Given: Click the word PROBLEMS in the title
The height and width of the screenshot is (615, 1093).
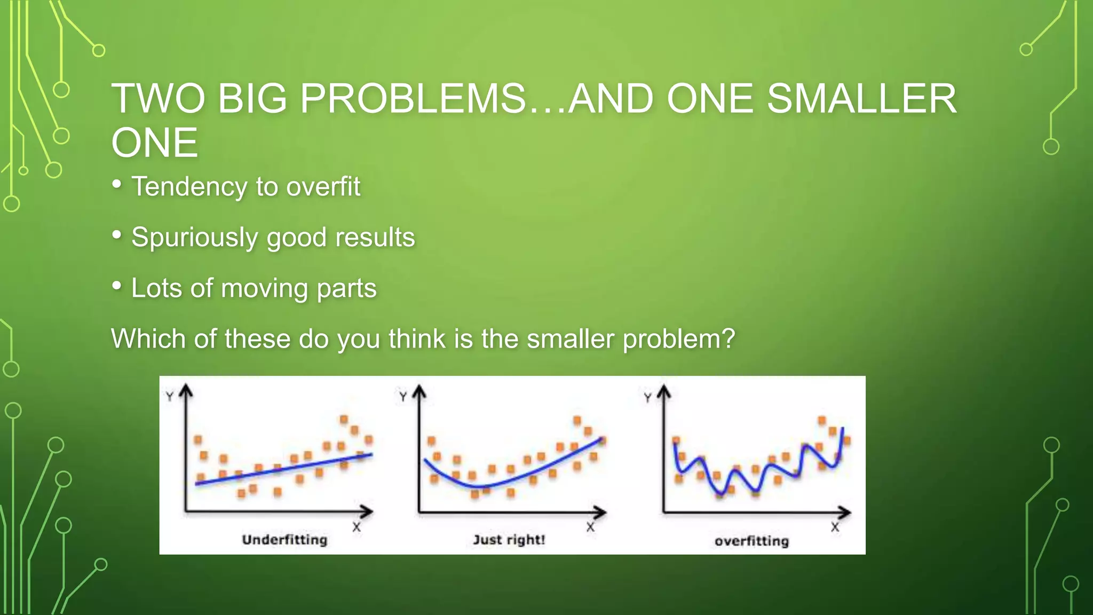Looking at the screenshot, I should click(x=412, y=99).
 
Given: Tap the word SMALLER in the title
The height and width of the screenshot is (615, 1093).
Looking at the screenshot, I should click(x=861, y=99).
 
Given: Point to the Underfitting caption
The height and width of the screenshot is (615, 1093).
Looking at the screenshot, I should click(x=284, y=540).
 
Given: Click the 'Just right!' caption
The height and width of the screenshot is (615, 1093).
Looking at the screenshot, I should click(x=509, y=540).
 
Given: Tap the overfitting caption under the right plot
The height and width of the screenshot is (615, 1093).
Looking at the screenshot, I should click(x=751, y=541).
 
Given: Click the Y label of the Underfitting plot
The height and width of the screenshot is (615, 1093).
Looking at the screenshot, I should click(x=170, y=397).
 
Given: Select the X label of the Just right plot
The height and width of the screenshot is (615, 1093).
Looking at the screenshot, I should click(x=590, y=527).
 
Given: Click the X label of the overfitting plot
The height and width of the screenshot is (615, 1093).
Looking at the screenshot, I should click(x=835, y=527).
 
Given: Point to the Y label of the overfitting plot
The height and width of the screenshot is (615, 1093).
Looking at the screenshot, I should click(x=647, y=398).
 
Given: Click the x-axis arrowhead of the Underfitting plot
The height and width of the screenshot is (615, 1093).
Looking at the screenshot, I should click(x=367, y=511).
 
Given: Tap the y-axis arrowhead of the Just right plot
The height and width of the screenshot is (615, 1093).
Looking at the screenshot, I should click(x=419, y=391).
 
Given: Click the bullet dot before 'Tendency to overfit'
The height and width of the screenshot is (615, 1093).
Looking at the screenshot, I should click(x=117, y=184).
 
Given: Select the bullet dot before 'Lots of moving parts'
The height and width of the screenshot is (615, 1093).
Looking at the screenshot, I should click(x=117, y=286).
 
